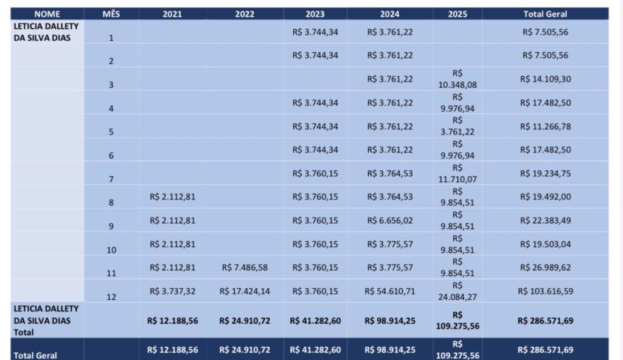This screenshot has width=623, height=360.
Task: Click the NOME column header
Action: (x=47, y=14)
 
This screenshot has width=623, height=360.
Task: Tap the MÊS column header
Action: (x=111, y=14)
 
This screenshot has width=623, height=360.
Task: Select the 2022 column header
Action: (x=245, y=14)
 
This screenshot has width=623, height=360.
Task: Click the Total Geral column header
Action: (x=545, y=14)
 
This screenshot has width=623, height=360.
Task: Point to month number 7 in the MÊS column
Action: (x=111, y=179)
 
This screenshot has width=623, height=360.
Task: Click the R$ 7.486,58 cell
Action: (x=245, y=268)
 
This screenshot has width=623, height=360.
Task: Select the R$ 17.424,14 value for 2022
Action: (x=245, y=291)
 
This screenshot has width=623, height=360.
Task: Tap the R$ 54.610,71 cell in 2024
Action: (x=390, y=291)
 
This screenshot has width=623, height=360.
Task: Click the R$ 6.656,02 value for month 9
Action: (x=390, y=221)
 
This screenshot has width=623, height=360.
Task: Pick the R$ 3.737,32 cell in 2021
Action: (x=172, y=291)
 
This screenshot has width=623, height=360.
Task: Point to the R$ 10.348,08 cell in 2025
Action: (x=458, y=79)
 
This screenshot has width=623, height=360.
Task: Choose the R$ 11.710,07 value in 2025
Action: (x=458, y=174)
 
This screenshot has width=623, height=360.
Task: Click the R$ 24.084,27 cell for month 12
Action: (x=458, y=291)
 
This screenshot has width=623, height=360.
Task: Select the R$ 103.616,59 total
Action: (x=545, y=291)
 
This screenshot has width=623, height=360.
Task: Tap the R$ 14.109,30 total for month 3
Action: (x=545, y=79)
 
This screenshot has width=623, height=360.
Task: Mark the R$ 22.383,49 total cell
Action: (x=545, y=221)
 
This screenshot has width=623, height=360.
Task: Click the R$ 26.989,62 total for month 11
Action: (x=545, y=268)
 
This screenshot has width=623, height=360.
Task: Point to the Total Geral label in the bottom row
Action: (x=35, y=355)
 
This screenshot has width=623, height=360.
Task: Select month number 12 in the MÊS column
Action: (x=111, y=297)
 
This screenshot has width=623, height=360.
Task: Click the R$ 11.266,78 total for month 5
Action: (x=545, y=126)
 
